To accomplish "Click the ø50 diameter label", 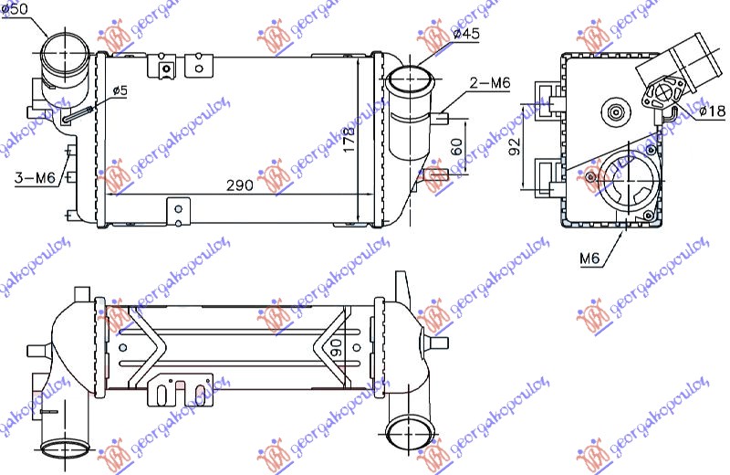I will click(x=16, y=8).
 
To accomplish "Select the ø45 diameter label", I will click(x=466, y=34).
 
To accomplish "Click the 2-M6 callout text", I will click(x=489, y=83).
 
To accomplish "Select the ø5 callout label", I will click(x=120, y=90).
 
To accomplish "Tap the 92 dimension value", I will click(x=515, y=145).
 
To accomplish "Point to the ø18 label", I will click(x=711, y=111).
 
